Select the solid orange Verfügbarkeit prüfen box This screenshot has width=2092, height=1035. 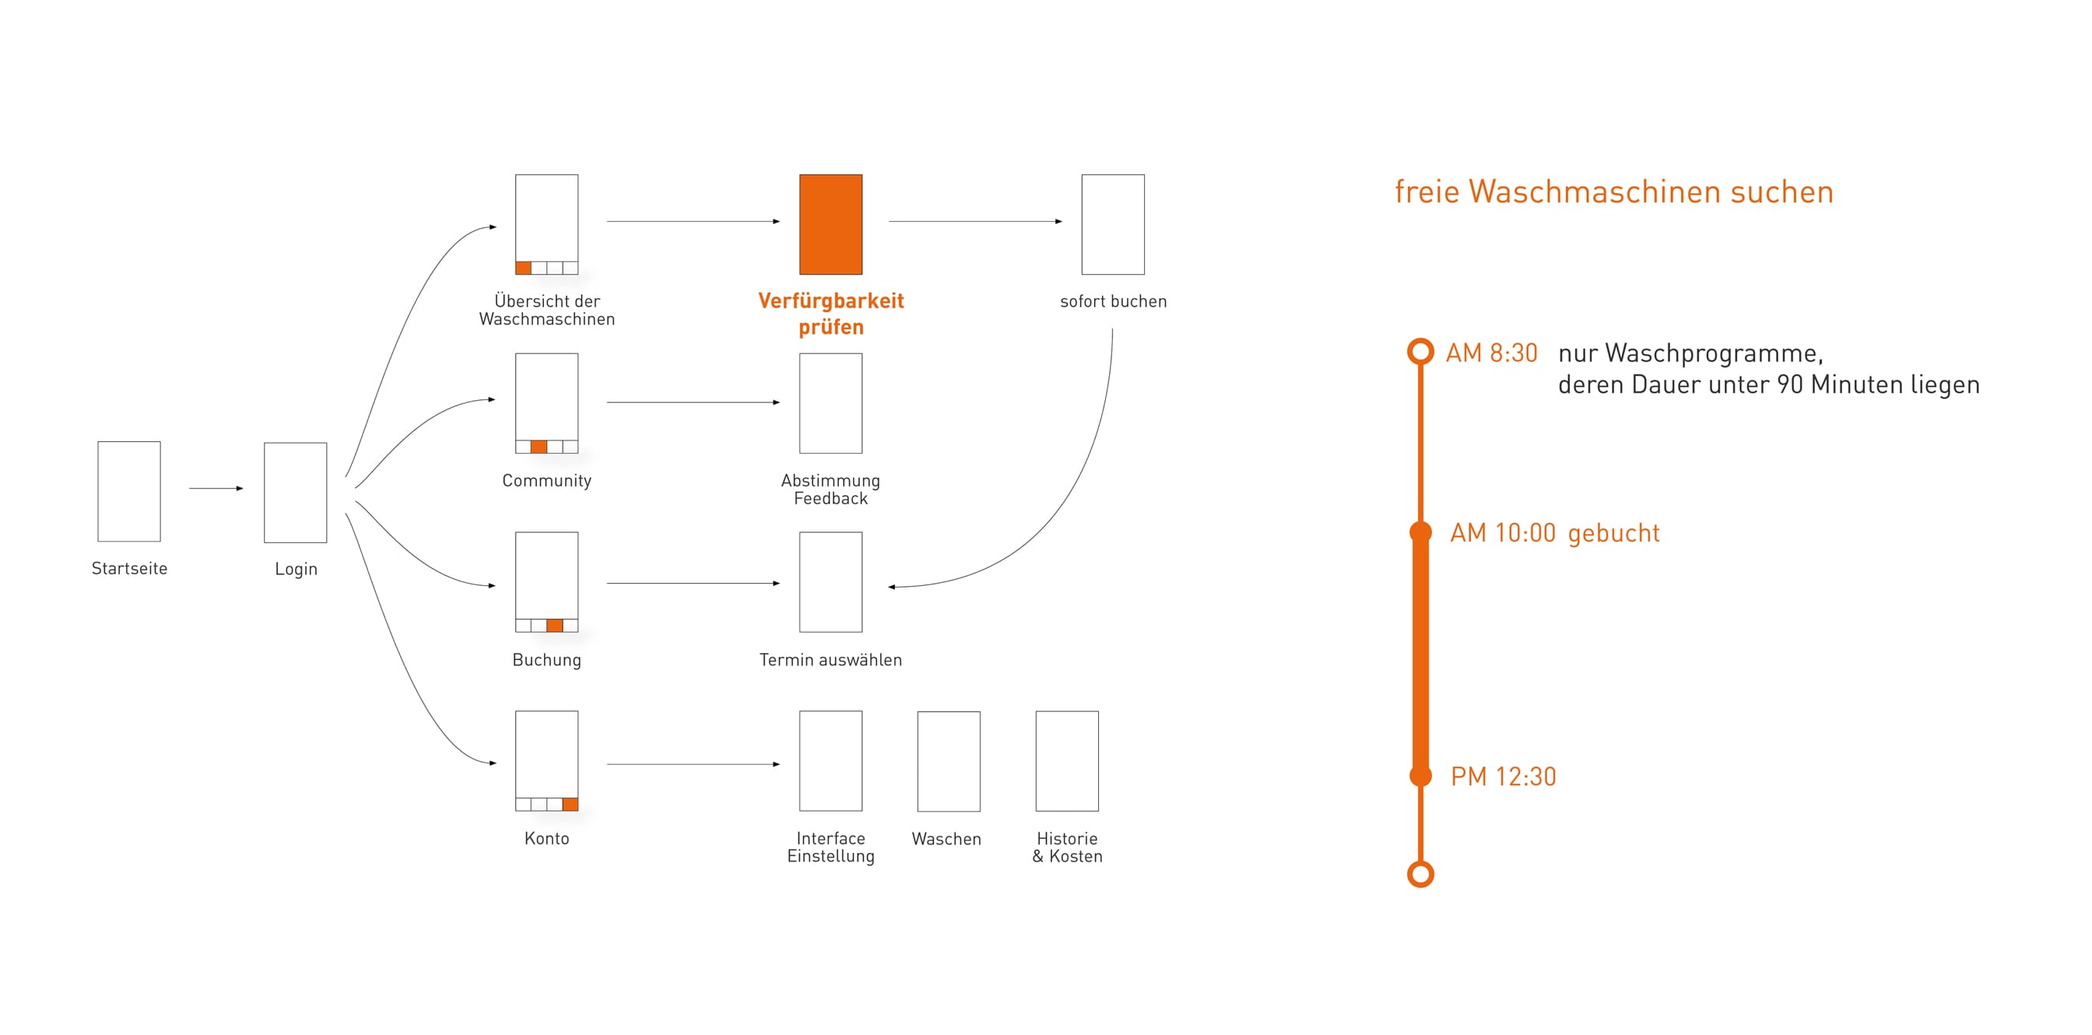click(x=830, y=224)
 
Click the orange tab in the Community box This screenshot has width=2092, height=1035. click(x=539, y=447)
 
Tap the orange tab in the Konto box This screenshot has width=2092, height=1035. click(x=570, y=805)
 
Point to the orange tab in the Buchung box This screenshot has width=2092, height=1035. click(x=555, y=626)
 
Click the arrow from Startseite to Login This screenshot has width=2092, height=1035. click(x=216, y=489)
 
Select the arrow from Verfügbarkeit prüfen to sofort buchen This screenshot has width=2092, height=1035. click(x=975, y=221)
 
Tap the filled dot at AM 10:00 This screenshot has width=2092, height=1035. click(x=1420, y=532)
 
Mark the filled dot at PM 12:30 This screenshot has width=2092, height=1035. click(x=1420, y=776)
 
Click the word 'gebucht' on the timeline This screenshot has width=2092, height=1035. click(x=1613, y=533)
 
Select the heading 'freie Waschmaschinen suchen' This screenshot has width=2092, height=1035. click(x=1614, y=191)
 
